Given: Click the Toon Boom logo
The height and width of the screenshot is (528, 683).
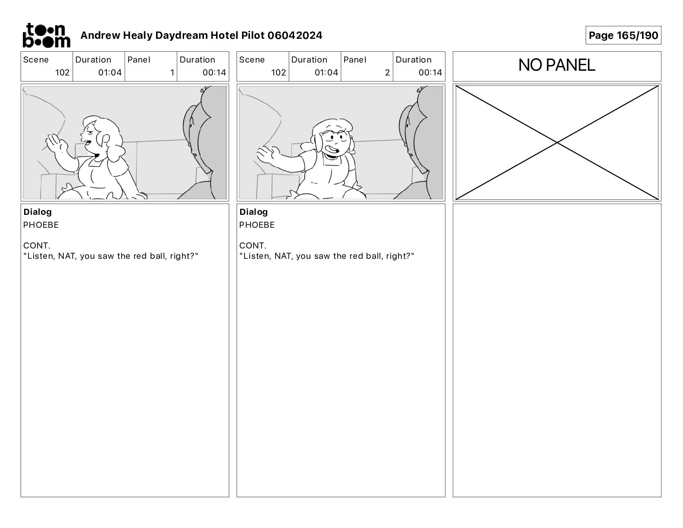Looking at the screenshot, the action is pos(47,35).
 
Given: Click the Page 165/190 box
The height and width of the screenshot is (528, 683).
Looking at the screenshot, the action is pos(623,35).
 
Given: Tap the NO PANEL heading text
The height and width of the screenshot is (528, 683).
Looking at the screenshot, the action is pos(556,65).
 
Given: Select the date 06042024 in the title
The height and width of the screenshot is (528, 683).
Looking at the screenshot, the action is pos(295,35).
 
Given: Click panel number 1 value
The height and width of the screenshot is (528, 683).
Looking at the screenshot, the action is pos(172,72).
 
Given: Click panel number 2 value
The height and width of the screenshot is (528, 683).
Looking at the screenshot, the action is pos(387,72).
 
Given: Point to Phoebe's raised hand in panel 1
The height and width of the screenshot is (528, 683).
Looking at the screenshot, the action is pos(56,144).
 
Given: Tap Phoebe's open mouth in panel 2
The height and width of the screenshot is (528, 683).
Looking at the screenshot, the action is pos(332,151).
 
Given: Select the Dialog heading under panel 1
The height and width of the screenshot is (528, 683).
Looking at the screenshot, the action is pos(38,212).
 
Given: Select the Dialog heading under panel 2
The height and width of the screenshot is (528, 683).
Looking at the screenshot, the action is pos(254,212).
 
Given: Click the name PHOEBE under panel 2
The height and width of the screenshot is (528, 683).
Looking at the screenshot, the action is pos(257,225).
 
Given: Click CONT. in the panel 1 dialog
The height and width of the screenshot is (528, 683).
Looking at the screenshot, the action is pos(37,245).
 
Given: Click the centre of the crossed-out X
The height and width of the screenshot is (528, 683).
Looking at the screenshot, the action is pos(557,143).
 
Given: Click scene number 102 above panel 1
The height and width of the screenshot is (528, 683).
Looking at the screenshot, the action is pos(62,72).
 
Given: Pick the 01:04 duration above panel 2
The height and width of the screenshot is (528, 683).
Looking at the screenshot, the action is pos(326,72).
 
